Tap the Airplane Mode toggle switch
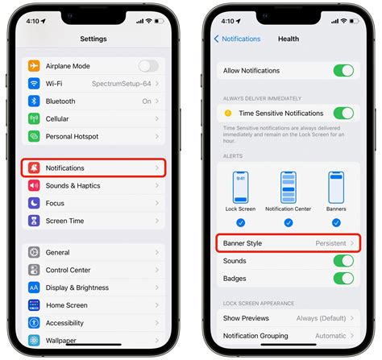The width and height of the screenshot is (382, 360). pos(148,66)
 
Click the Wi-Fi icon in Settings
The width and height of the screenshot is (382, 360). pos(34,84)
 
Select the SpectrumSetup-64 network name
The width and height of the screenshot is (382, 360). pos(122,84)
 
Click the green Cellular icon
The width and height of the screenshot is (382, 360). pos(34,119)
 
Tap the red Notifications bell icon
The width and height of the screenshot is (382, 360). pos(34,168)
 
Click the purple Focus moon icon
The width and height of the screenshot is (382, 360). pos(34,203)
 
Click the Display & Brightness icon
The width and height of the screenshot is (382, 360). pos(34,288)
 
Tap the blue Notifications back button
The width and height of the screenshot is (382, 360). pos(237,39)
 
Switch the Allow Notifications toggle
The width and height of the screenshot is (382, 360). pos(343,71)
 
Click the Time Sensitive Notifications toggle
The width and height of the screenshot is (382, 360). pos(343,114)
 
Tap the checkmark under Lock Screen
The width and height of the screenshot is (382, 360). pos(241,222)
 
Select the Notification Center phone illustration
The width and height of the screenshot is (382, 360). pos(288,188)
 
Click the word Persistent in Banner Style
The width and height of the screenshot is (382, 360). pos(330,243)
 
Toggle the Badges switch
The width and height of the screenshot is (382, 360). pos(343,279)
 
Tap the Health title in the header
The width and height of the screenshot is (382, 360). pos(288,39)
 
